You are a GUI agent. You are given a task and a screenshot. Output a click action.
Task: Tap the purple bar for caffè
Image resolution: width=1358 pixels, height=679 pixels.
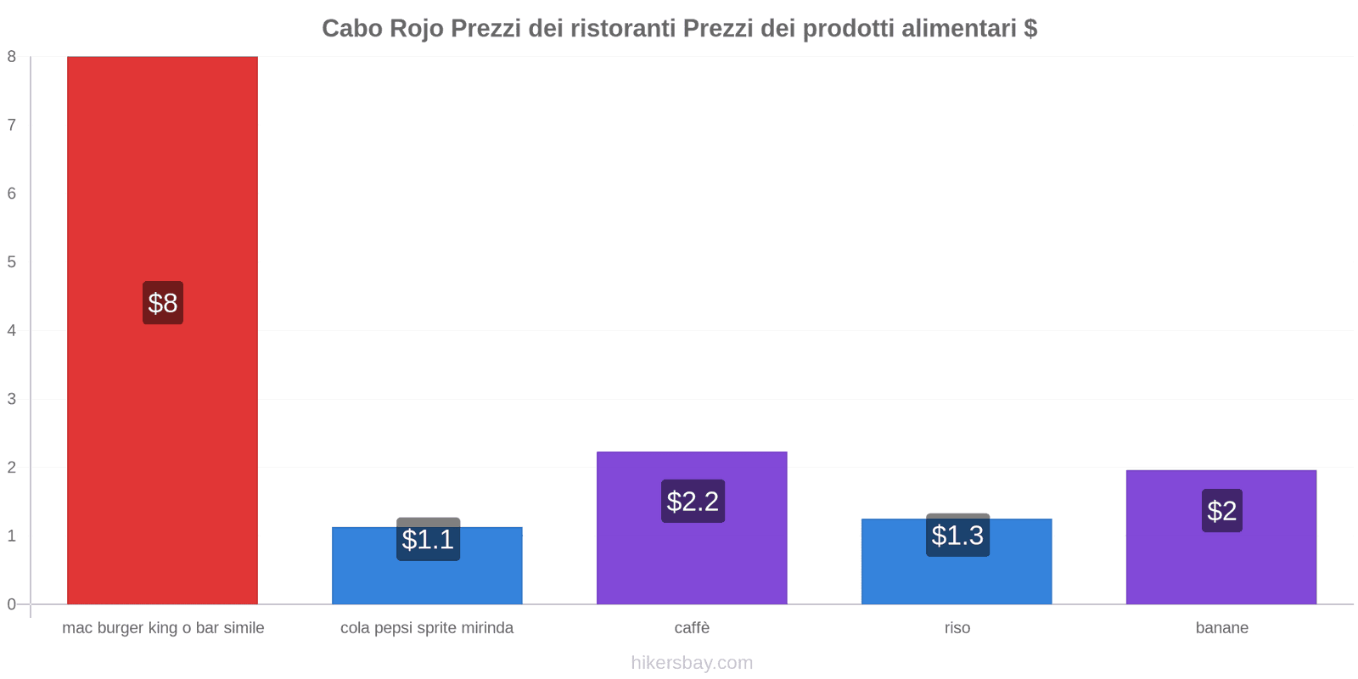click(692, 560)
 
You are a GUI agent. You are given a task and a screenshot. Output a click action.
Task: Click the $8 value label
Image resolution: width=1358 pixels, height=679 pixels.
click(163, 303)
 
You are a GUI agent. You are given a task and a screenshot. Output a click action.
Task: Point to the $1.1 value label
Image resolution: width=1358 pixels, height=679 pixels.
click(428, 540)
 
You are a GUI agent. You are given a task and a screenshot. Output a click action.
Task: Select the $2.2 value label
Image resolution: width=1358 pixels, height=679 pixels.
click(693, 502)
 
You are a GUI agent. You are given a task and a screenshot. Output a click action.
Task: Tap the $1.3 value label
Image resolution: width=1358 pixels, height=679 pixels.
click(957, 536)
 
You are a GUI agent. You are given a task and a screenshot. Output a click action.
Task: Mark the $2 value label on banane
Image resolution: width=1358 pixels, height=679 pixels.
click(1221, 511)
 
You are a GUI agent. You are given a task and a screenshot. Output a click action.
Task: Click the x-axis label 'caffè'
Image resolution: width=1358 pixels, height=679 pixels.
click(692, 628)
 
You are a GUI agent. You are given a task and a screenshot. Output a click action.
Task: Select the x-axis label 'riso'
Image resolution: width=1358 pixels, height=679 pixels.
click(957, 628)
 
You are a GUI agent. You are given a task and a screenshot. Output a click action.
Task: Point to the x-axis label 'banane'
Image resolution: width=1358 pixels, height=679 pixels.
click(1221, 628)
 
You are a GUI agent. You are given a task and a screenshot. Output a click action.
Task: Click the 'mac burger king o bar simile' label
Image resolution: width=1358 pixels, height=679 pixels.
click(163, 628)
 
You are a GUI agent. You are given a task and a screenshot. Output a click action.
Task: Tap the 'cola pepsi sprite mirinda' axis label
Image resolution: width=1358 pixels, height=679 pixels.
click(427, 628)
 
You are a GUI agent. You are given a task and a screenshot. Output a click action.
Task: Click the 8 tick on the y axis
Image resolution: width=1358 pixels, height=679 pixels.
click(12, 57)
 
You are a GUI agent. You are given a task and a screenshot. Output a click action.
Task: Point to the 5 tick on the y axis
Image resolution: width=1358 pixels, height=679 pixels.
click(12, 262)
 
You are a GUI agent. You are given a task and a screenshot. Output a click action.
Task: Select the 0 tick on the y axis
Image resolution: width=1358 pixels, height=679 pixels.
click(12, 604)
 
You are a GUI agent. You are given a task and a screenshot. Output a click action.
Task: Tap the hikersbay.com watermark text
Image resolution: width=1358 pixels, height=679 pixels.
click(692, 663)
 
